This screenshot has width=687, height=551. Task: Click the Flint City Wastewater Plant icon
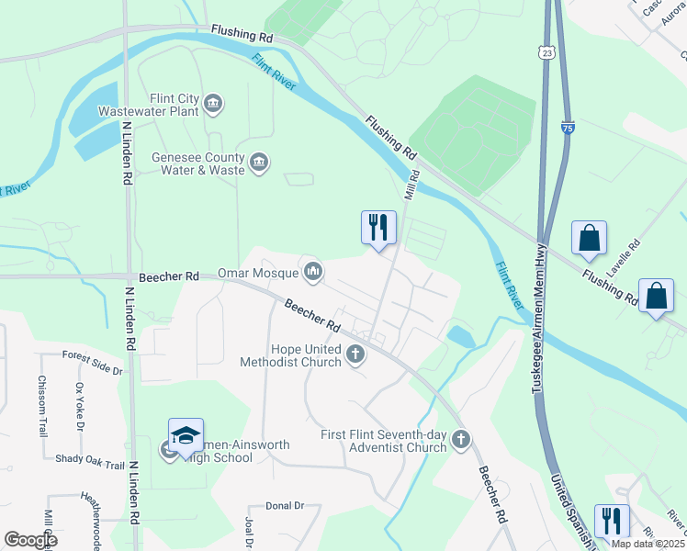213,102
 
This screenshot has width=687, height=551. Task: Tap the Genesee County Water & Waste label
198,163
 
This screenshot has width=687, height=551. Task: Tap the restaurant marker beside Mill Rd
378,228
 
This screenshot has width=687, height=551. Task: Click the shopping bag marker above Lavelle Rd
589,238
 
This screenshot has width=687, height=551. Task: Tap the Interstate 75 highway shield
569,131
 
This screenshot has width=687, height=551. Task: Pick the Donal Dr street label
285,505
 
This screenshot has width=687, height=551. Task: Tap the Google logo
29,540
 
